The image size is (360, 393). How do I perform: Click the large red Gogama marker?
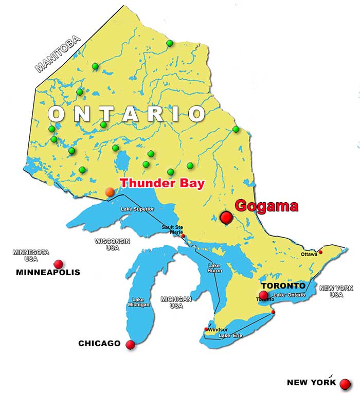point(226,218)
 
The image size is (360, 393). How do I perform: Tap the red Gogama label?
point(266,206)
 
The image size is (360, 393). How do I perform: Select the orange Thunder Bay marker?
point(110,192)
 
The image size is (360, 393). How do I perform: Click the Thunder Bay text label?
point(162,183)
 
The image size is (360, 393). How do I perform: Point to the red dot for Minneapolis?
point(58,264)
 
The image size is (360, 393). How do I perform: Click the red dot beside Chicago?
point(130,345)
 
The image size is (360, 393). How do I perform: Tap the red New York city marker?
point(345,383)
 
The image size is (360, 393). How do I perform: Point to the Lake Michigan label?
point(138,302)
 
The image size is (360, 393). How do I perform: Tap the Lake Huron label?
point(214,269)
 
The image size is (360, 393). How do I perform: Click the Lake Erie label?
point(230,336)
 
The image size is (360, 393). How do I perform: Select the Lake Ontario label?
point(290,295)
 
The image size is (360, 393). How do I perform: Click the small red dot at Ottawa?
point(320,252)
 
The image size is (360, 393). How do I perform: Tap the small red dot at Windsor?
point(207,329)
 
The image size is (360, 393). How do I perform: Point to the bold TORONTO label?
point(283,285)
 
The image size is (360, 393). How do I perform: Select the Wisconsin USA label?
point(112,244)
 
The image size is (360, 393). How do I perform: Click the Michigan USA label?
point(176,302)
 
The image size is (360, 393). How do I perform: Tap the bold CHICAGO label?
point(99,343)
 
